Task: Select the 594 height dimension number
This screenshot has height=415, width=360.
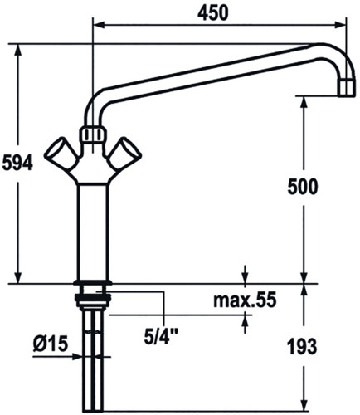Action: tap(17, 164)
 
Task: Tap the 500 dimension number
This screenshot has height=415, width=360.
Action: tap(303, 187)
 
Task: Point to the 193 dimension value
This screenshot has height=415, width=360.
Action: tap(302, 347)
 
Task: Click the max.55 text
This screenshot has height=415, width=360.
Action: tap(245, 300)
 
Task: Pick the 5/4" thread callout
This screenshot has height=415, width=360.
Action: tap(161, 336)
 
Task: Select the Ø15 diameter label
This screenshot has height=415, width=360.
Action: tap(51, 344)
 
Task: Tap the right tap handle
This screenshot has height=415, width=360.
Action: tap(125, 154)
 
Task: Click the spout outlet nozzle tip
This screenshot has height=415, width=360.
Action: tap(346, 88)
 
